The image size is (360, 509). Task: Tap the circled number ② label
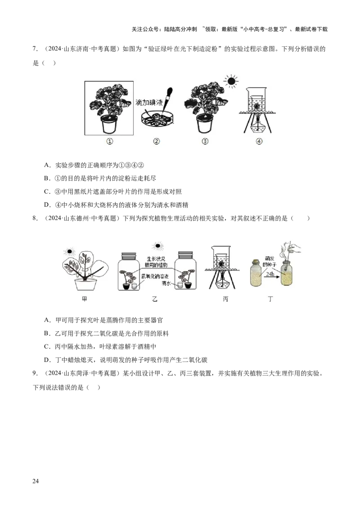[x=157, y=141]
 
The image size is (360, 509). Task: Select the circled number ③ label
[x=205, y=141]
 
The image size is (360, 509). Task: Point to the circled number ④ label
[x=258, y=141]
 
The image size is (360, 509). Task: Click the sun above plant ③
[x=231, y=81]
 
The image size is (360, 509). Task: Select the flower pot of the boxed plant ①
[x=109, y=124]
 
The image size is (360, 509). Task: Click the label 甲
[x=84, y=299]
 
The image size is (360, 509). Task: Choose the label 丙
[x=225, y=299]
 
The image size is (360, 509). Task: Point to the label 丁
[x=270, y=299]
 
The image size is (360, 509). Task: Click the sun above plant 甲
[x=70, y=252]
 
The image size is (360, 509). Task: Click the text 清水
[x=167, y=284]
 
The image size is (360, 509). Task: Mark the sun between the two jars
[x=157, y=246]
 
